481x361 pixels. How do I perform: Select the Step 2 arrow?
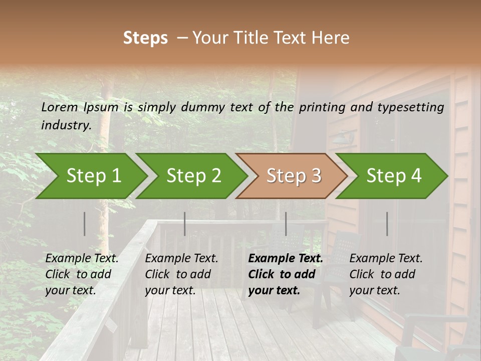(x=193, y=175)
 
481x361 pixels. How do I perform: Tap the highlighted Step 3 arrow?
(x=294, y=175)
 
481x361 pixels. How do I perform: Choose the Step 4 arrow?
(x=394, y=175)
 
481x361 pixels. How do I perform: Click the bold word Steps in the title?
(x=145, y=38)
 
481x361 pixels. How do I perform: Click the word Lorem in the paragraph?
(x=59, y=107)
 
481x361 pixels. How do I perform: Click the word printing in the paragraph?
(x=322, y=107)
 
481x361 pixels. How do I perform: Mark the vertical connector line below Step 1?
(x=85, y=224)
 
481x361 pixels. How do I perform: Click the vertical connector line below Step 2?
(x=185, y=224)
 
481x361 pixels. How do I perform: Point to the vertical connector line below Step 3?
(x=286, y=224)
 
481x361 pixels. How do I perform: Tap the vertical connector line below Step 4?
(x=387, y=224)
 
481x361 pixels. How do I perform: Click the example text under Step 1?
(x=82, y=274)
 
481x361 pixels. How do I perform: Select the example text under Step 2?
(x=181, y=274)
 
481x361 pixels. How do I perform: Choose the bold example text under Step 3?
(x=286, y=274)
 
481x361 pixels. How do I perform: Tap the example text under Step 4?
(x=386, y=274)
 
